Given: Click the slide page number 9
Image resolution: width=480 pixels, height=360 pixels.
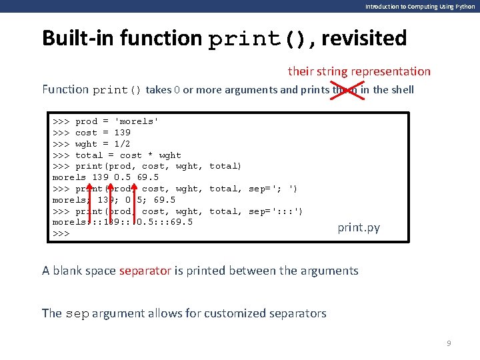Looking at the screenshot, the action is point(449,343).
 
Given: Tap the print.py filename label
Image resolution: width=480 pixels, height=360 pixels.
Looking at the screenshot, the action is point(359,227).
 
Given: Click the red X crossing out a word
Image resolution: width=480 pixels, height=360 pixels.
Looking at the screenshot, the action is point(348,89).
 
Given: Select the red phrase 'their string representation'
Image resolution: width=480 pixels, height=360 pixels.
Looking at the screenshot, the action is point(359,71).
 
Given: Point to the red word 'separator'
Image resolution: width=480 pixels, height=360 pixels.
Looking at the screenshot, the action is point(145,270).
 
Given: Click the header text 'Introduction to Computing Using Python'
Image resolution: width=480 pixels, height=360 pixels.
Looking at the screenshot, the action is point(420,6).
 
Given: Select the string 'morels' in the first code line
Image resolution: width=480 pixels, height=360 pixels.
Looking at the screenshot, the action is point(137,121).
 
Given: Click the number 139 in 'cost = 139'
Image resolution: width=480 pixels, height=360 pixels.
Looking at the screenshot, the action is point(122,133).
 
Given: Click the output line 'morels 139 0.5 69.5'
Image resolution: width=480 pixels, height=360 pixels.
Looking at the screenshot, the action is point(105,177).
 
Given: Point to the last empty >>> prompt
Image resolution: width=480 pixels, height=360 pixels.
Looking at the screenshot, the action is point(61,234).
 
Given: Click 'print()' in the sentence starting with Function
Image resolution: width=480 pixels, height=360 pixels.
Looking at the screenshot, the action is point(117,90).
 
